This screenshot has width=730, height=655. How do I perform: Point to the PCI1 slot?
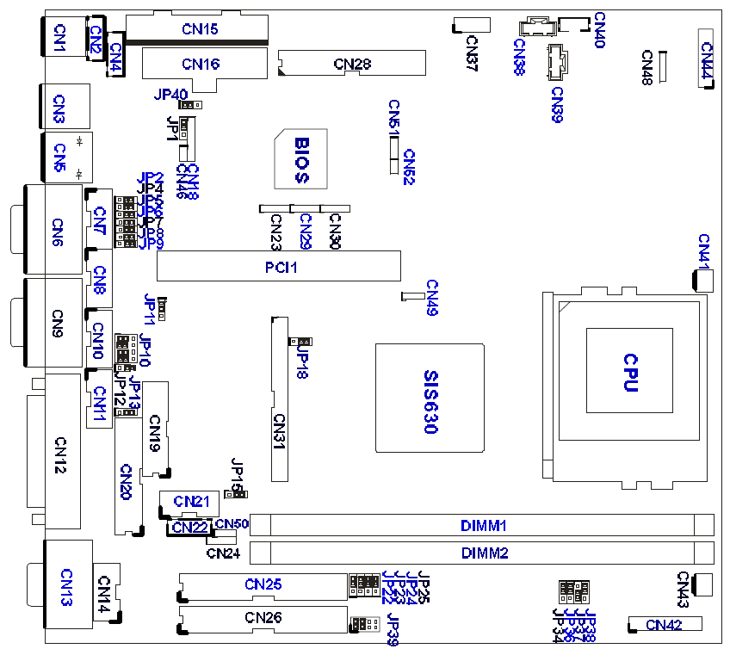279,266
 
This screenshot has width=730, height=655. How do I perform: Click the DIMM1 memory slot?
483,524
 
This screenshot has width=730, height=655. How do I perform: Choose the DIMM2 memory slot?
483,552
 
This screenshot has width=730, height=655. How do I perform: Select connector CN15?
198,29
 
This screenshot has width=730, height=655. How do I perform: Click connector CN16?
201,64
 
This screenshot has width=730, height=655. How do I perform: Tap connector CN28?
352,63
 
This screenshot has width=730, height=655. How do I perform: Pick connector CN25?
263,585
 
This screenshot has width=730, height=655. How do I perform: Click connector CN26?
263,618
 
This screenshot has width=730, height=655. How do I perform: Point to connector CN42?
665,625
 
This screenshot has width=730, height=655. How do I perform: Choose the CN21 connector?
190,500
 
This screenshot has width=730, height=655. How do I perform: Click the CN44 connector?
706,59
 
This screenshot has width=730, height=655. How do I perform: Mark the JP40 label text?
170,95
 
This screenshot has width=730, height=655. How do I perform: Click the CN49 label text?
431,298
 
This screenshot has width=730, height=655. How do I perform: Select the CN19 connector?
155,429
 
